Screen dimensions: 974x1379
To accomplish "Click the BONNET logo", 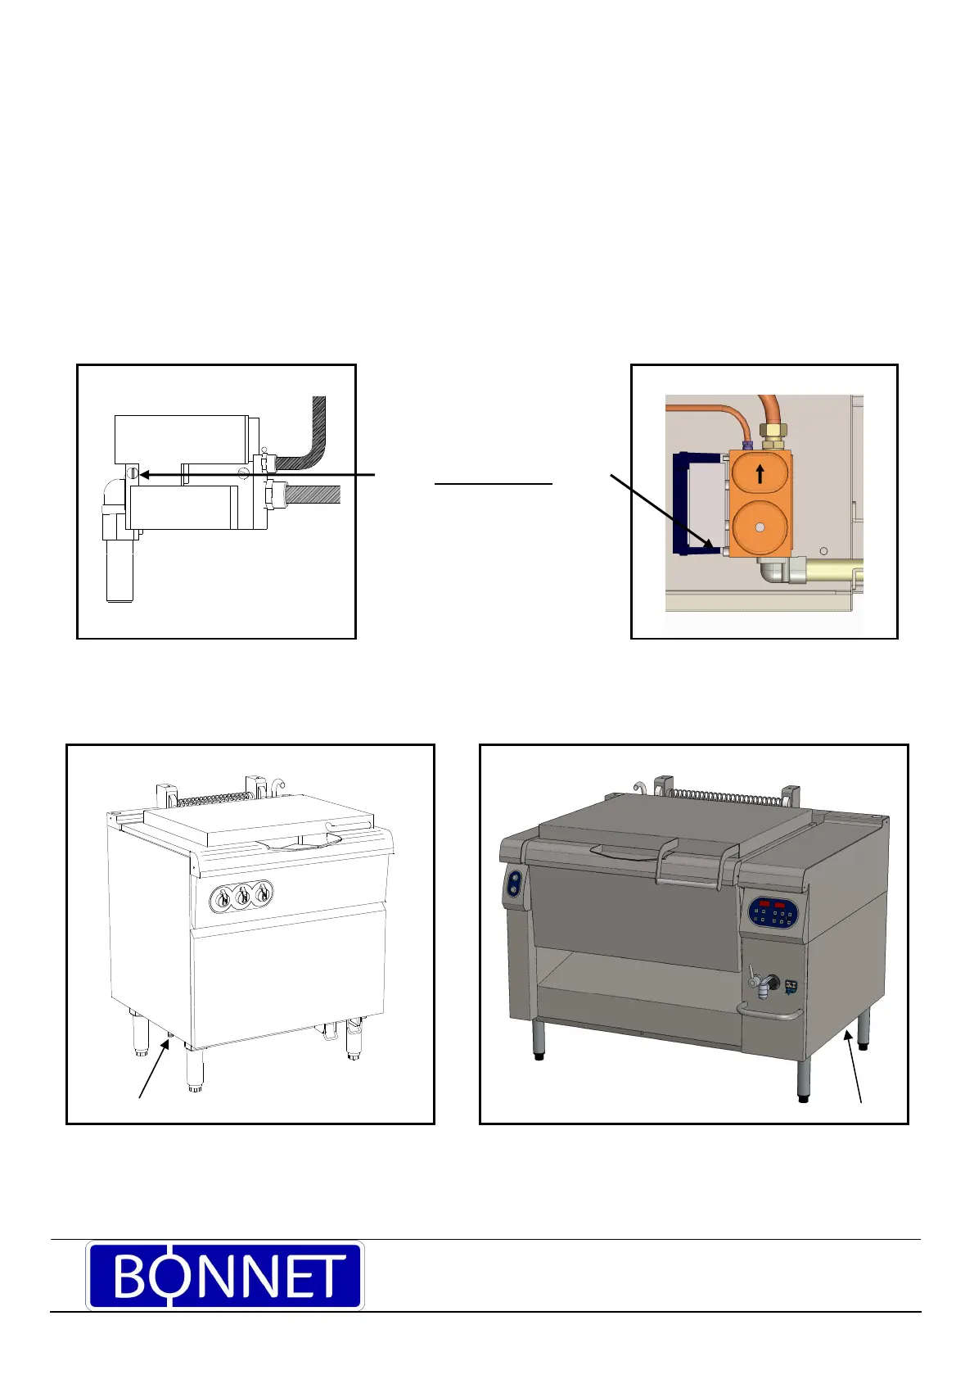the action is (225, 1276).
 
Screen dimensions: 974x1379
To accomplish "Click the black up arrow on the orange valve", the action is (760, 473).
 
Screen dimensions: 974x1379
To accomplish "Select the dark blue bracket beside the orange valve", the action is (680, 504).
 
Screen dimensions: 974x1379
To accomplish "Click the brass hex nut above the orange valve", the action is (769, 432).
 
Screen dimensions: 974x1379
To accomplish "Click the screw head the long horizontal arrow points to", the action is (132, 473).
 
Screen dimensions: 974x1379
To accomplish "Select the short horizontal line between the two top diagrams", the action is (494, 484).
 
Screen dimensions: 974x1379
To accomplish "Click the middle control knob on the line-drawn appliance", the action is (242, 897).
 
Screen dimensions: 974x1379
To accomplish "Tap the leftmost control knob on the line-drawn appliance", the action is (222, 900).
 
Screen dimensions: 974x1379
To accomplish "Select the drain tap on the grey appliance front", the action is (763, 982).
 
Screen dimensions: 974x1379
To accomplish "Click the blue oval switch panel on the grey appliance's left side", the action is (514, 884).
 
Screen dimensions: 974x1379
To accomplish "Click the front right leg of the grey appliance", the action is (805, 1079).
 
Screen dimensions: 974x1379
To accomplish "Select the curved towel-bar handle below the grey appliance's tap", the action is (769, 1014).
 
